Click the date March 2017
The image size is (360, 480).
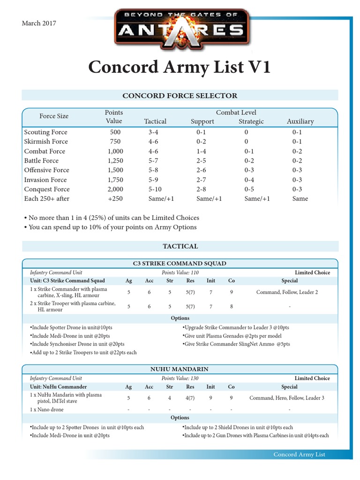[x=39, y=23]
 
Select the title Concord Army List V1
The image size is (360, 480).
[x=180, y=67]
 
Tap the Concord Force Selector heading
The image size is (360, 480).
[x=180, y=96]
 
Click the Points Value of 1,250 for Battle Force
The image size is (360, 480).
[x=115, y=161]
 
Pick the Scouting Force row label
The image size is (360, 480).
[x=45, y=132]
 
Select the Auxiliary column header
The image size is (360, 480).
[x=300, y=121]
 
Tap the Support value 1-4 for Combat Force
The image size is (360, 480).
[x=202, y=151]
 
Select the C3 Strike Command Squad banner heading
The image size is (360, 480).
[x=180, y=263]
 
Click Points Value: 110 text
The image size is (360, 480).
[x=180, y=272]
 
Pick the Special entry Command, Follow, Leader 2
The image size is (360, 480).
[x=287, y=292]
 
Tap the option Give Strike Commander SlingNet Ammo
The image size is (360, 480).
[x=236, y=344]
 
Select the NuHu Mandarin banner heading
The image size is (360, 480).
[x=180, y=369]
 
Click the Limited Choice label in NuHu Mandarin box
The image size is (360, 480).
[x=312, y=378]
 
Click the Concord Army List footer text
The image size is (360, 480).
[x=299, y=455]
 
